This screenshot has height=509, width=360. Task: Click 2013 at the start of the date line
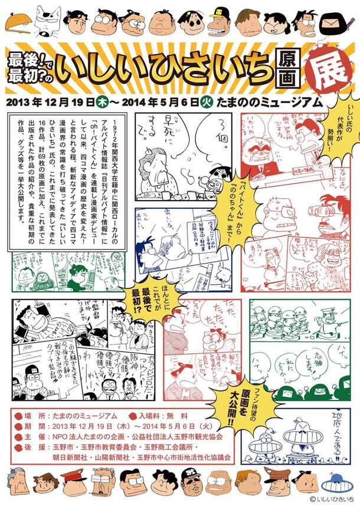point(18,101)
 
